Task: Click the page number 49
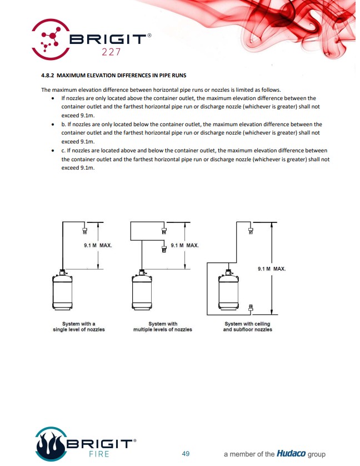click(x=186, y=454)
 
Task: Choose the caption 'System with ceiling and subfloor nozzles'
click(x=248, y=326)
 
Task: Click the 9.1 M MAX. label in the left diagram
click(x=97, y=245)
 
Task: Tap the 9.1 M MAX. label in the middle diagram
click(x=184, y=245)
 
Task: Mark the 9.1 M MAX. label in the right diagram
click(x=272, y=269)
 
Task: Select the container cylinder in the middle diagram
click(x=142, y=291)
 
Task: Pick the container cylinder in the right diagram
click(x=228, y=291)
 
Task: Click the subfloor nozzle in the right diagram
click(x=251, y=307)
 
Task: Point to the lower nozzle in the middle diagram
click(x=164, y=249)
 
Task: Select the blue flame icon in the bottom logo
click(x=52, y=444)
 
